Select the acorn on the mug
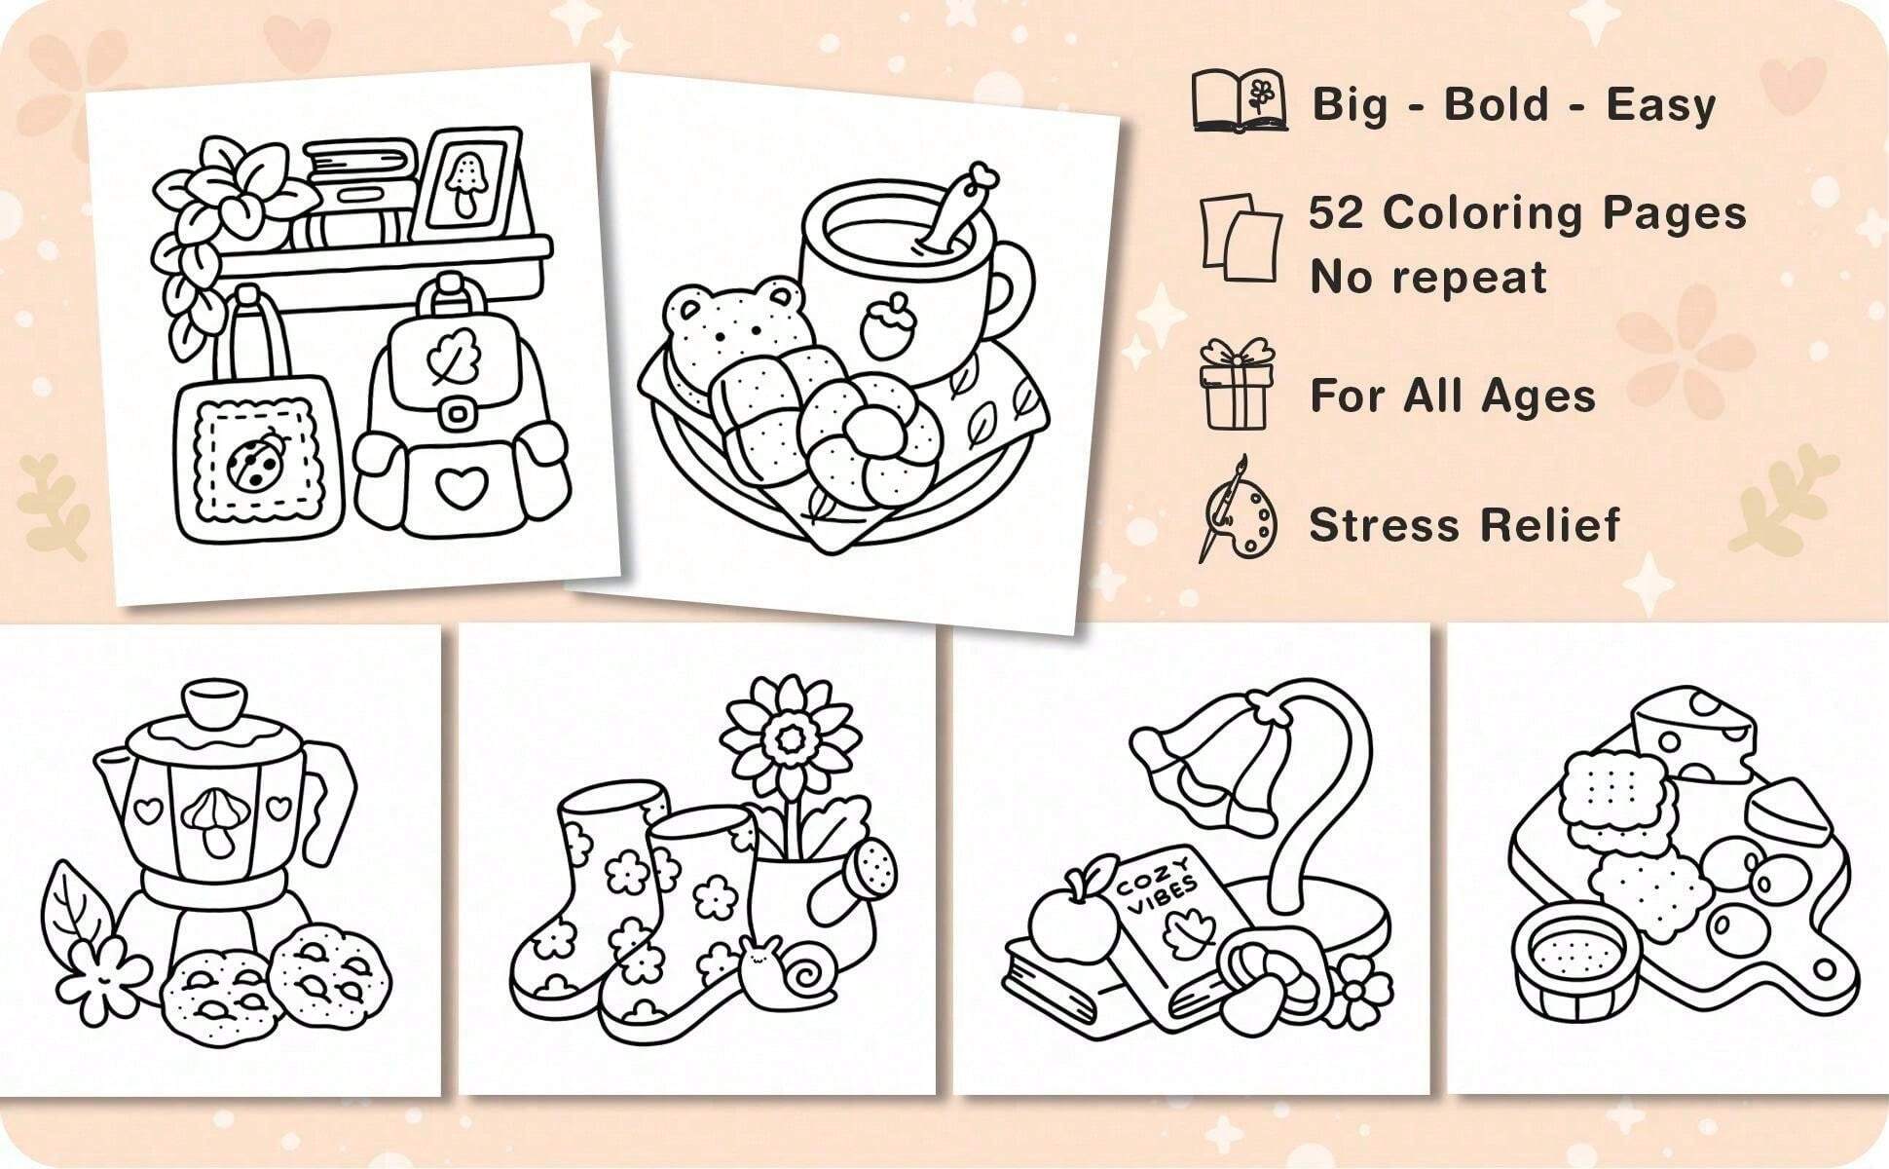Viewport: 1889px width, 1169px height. coord(883,326)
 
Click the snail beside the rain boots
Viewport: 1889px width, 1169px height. coord(794,968)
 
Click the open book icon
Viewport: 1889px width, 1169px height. coord(1240,100)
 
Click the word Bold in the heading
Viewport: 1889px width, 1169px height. coord(1497,104)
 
